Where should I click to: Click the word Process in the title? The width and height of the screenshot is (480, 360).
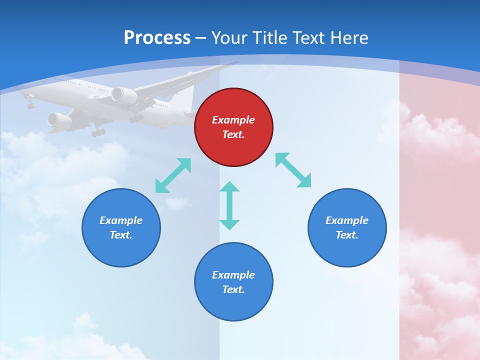tap(157, 38)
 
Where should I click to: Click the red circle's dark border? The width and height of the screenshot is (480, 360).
tap(195, 127)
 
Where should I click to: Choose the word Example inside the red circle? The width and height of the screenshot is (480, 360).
tap(233, 120)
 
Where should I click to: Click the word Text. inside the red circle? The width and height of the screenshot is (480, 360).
tap(233, 134)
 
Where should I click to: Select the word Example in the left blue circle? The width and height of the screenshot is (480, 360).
tap(121, 220)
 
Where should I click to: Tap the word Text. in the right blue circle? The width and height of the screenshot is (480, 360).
tap(347, 235)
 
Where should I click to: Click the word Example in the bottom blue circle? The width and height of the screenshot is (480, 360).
tap(233, 275)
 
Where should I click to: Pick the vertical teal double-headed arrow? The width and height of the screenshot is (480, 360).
tap(229, 206)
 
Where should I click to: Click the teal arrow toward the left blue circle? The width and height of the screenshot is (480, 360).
tap(173, 175)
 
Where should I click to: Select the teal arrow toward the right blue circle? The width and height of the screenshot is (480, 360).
tap(293, 170)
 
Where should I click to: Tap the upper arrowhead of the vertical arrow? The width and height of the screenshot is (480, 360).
tap(229, 186)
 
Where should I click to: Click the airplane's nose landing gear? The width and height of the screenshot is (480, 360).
tap(30, 103)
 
